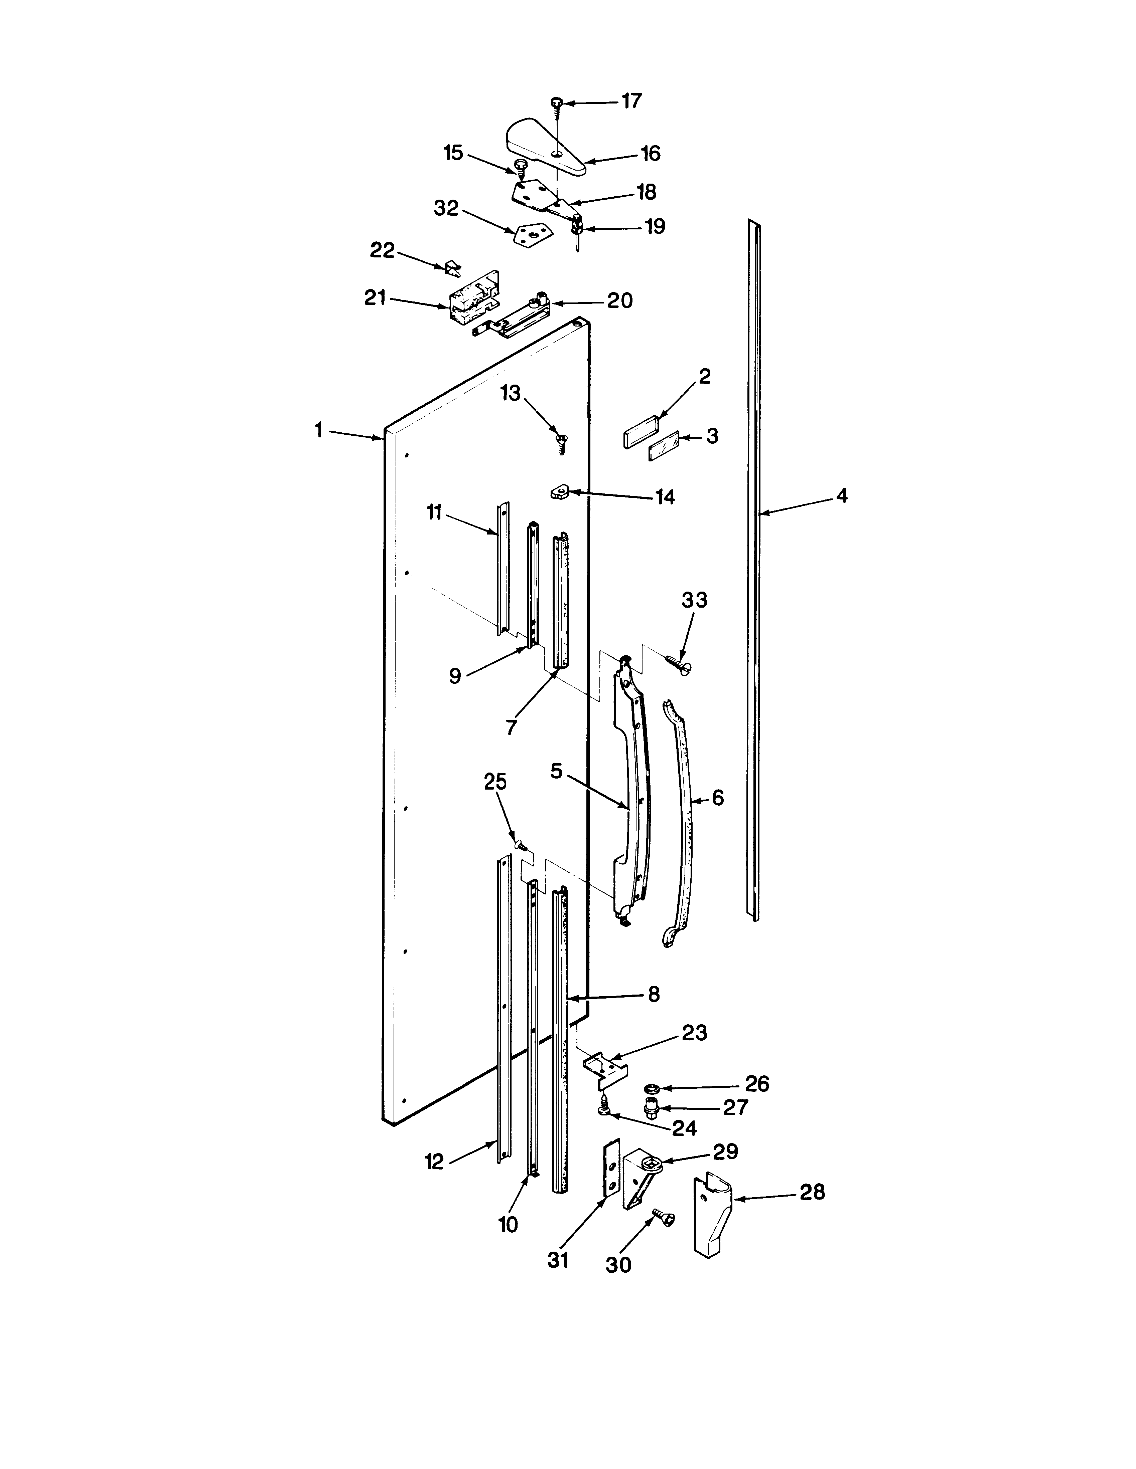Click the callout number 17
tap(631, 101)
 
